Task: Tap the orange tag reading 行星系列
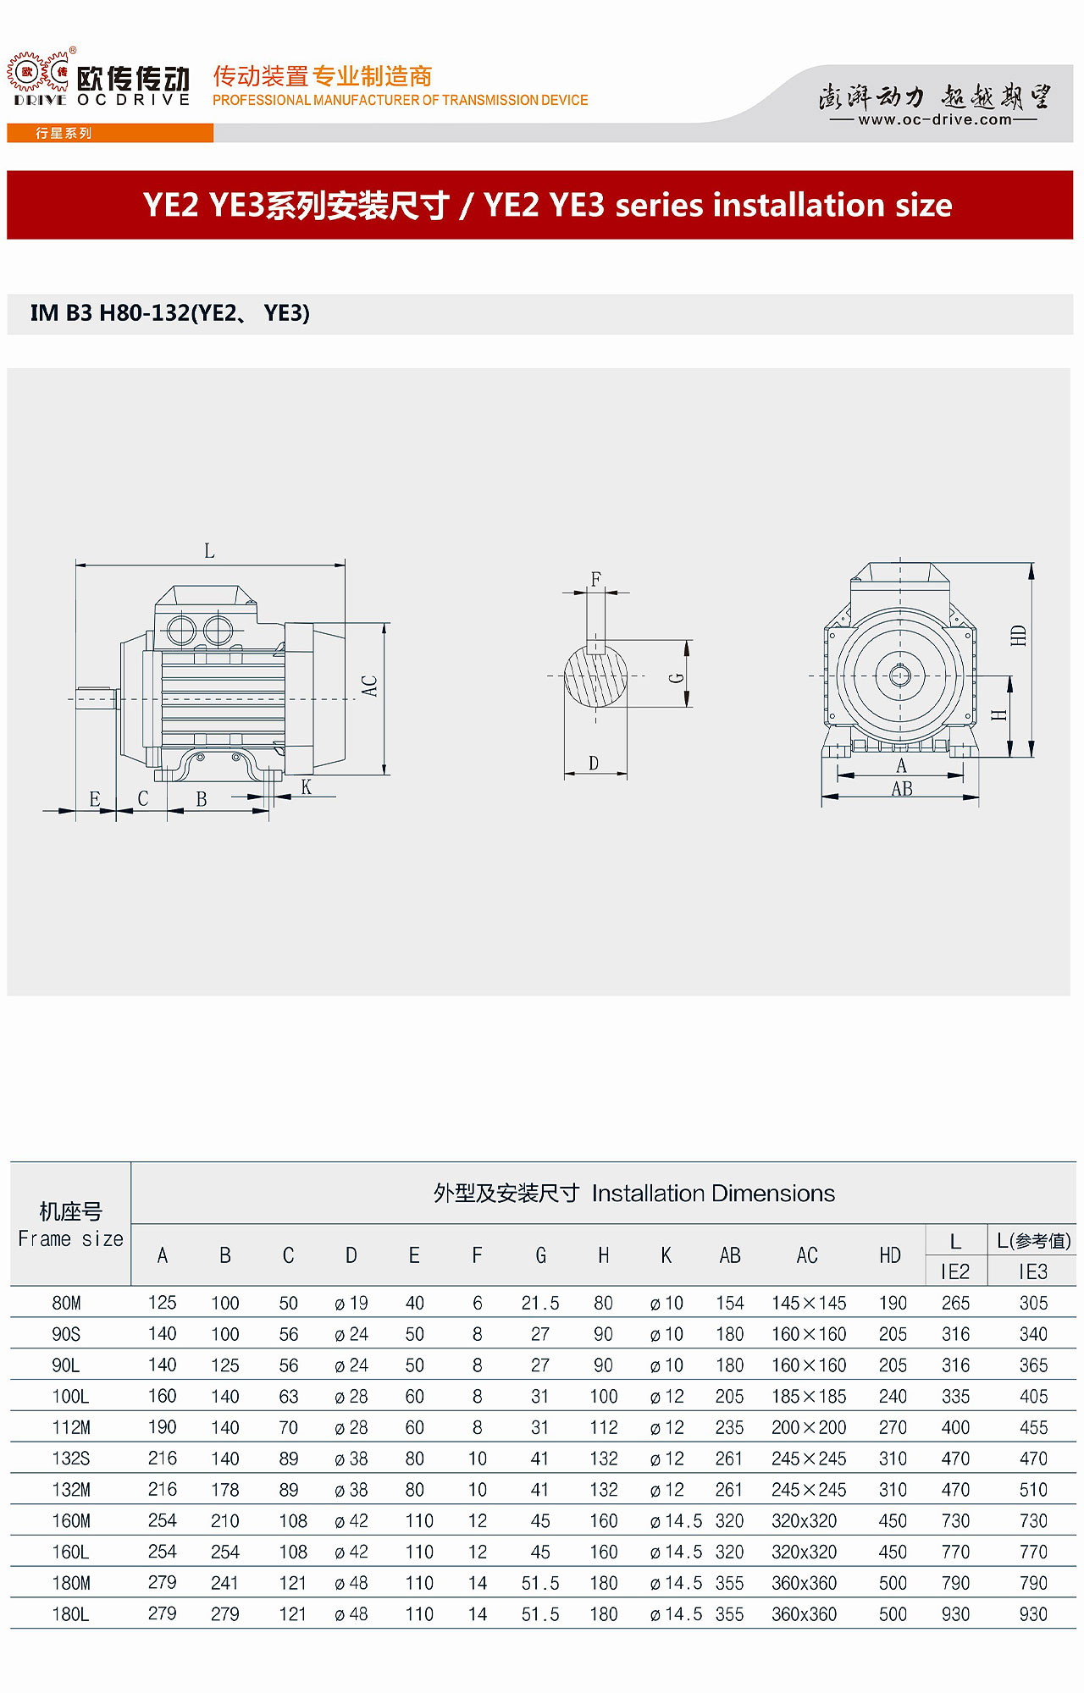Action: (64, 133)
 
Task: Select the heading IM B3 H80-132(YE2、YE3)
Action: (170, 313)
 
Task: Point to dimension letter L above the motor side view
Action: (209, 551)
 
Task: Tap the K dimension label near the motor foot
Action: (307, 787)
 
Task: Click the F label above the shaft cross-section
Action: (596, 579)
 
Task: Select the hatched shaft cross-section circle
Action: (596, 677)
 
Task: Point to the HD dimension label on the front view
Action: (1019, 635)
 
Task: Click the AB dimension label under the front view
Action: (902, 789)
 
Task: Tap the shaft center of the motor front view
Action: (899, 676)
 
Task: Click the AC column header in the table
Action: (807, 1255)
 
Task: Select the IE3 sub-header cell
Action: (1033, 1271)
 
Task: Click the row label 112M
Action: (71, 1427)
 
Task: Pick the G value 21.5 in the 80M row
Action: (540, 1303)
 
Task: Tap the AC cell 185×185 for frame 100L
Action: (809, 1396)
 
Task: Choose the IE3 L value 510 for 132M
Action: (1033, 1489)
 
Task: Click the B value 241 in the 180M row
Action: (225, 1582)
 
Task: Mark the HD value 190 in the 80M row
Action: (893, 1303)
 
